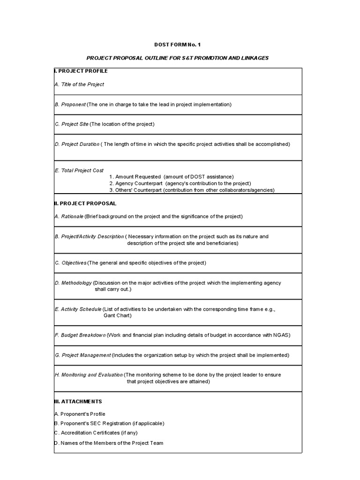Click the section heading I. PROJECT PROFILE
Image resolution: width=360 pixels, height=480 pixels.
[x=81, y=71]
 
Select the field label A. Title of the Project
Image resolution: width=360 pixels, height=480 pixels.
[x=79, y=84]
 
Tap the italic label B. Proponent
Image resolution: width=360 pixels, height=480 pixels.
[x=70, y=105]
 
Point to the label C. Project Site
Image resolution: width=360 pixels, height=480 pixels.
[x=72, y=124]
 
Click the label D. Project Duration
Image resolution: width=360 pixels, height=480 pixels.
[x=77, y=144]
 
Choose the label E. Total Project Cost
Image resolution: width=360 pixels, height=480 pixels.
[x=79, y=171]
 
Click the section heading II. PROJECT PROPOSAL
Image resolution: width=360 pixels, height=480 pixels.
[x=85, y=203]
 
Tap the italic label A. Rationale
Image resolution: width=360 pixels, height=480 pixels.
[x=69, y=217]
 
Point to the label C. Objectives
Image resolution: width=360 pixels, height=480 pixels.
[x=71, y=263]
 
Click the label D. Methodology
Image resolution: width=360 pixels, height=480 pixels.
[x=74, y=283]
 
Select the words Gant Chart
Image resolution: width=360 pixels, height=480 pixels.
[x=117, y=315]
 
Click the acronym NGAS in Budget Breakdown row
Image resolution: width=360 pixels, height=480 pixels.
[x=281, y=336]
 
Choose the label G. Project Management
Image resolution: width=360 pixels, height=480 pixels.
[x=83, y=355]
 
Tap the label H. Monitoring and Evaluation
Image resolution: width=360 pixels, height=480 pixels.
[x=89, y=375]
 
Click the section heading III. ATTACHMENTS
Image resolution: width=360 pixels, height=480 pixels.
[x=78, y=402]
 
